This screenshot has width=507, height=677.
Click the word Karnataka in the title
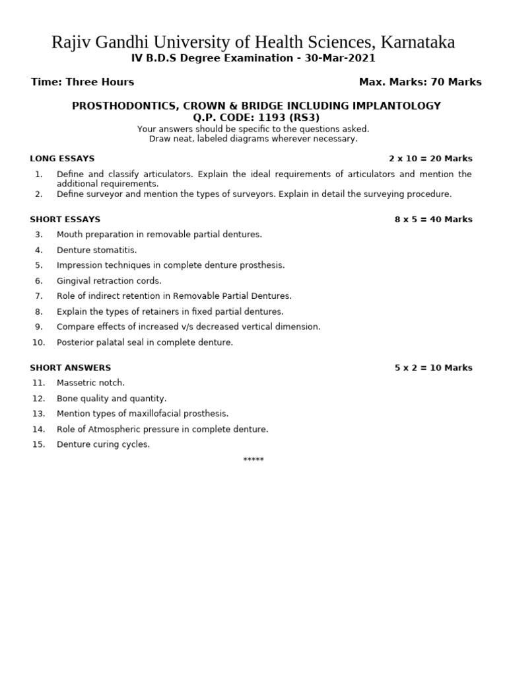(x=416, y=43)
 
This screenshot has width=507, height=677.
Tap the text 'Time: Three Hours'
(x=83, y=82)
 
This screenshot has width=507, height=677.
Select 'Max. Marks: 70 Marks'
(x=420, y=82)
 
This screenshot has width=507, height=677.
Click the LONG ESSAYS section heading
(x=62, y=159)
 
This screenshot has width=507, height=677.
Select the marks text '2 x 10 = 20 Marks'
(x=430, y=159)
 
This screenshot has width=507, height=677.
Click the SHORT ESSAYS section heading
(x=65, y=219)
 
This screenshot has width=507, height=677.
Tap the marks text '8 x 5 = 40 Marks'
(x=433, y=219)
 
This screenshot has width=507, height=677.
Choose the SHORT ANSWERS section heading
(x=70, y=368)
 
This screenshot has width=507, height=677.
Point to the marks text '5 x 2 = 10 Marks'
(x=433, y=368)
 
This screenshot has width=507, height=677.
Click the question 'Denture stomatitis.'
(x=97, y=250)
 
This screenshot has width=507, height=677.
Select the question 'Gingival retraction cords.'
(x=109, y=281)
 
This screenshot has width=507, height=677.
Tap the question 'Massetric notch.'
(x=90, y=383)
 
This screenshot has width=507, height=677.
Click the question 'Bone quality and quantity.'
(x=112, y=399)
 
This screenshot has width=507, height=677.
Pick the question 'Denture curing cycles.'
(x=103, y=444)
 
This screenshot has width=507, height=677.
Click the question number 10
(x=38, y=342)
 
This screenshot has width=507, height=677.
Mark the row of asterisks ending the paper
(x=253, y=459)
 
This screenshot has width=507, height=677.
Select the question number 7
(x=39, y=296)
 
